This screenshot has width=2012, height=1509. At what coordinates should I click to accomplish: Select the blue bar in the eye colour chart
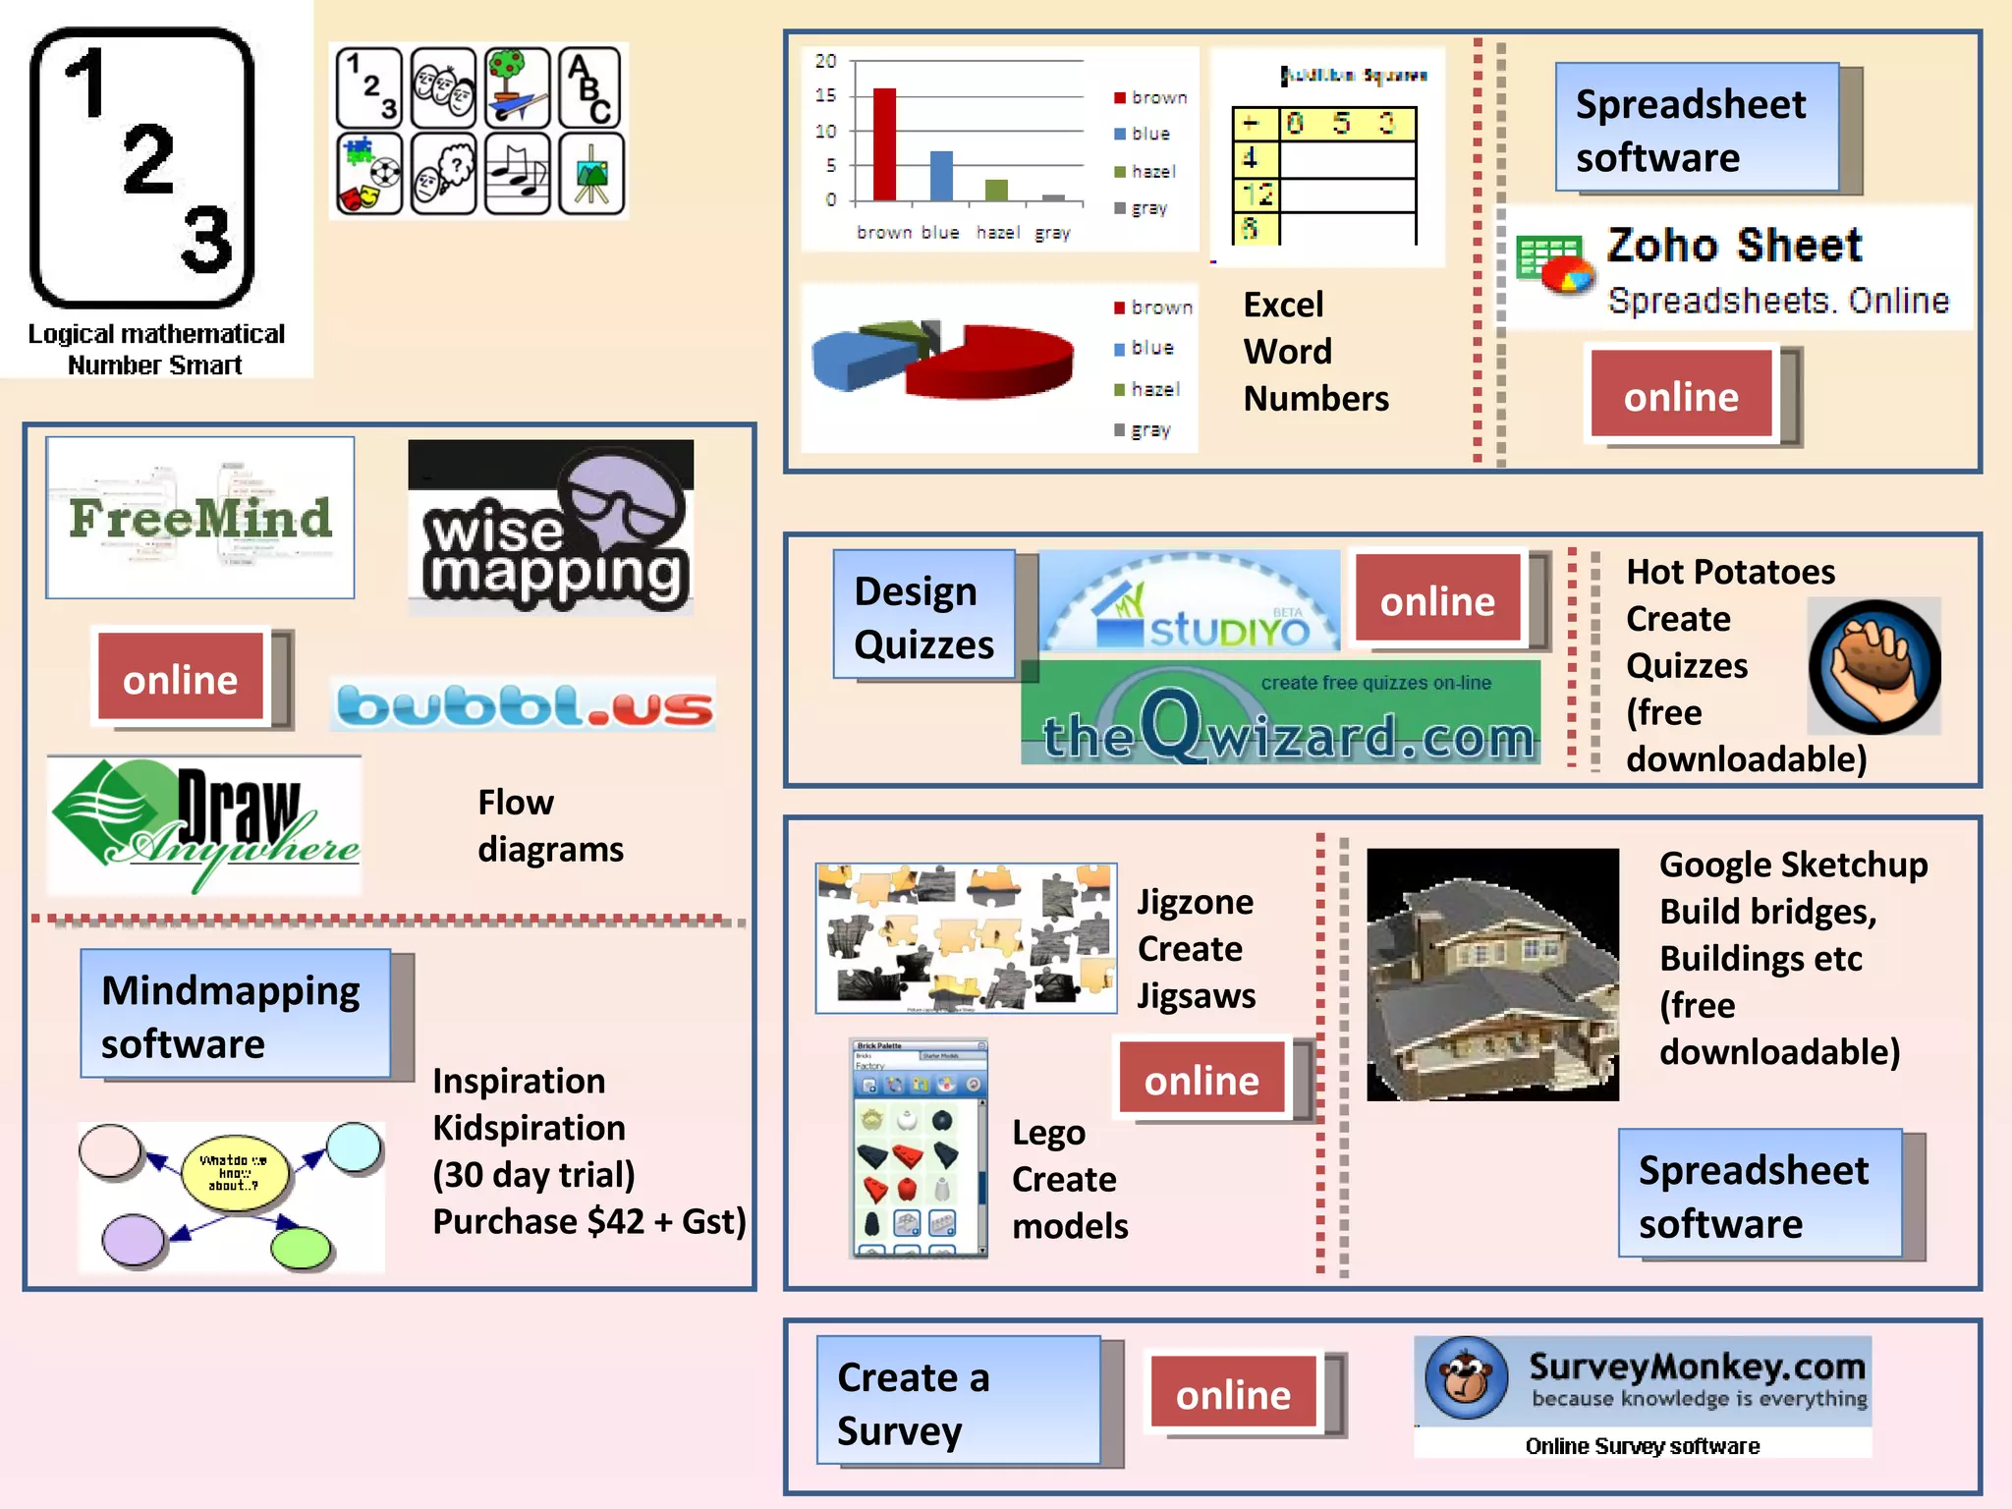[x=941, y=177]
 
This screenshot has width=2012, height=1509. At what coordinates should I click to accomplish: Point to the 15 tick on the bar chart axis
[x=826, y=95]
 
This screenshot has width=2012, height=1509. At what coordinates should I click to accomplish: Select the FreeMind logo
[x=200, y=518]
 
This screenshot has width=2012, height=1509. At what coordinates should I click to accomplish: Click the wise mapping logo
[x=551, y=528]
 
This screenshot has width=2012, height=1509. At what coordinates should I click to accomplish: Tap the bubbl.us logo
[x=523, y=704]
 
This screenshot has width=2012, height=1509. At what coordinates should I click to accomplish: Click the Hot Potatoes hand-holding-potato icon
[x=1874, y=666]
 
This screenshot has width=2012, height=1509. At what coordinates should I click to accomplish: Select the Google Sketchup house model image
[x=1492, y=975]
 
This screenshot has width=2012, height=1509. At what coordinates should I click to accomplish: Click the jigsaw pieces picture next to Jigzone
[x=966, y=938]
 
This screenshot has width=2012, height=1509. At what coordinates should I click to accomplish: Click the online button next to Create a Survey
[x=1234, y=1393]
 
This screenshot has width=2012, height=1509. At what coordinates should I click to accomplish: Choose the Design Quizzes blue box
[x=923, y=615]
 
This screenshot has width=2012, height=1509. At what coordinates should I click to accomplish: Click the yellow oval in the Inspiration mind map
[x=236, y=1172]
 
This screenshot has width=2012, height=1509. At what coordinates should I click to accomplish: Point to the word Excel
[x=1283, y=305]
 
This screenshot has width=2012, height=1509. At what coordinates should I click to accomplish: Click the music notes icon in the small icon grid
[x=518, y=175]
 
